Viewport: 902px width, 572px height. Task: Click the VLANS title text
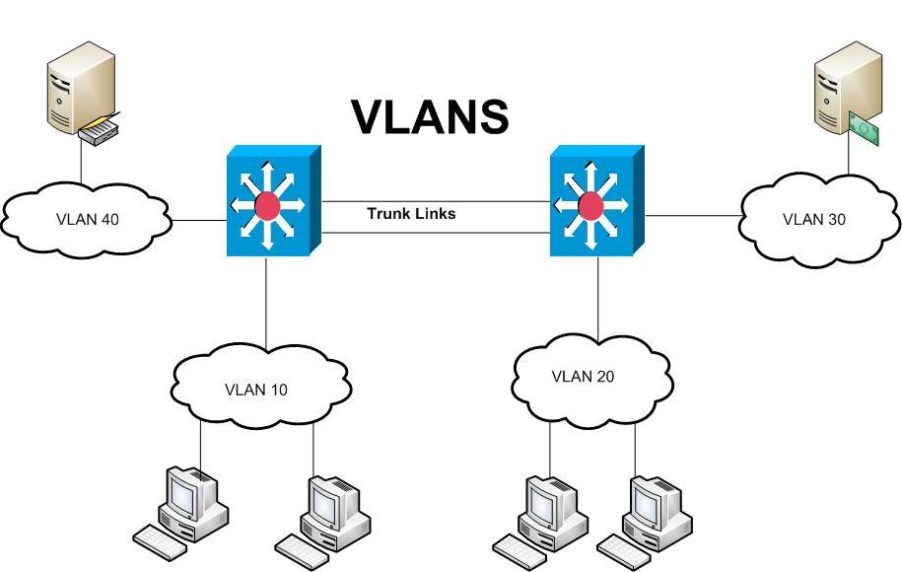coord(431,116)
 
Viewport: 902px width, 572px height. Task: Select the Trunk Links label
coord(411,213)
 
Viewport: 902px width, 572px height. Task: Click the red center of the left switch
coord(266,206)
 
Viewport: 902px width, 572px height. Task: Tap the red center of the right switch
coord(590,206)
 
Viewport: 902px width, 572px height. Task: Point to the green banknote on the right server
coord(863,129)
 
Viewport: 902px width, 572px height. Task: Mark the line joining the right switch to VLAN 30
coord(695,214)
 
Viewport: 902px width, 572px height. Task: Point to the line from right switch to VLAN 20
coord(597,301)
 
